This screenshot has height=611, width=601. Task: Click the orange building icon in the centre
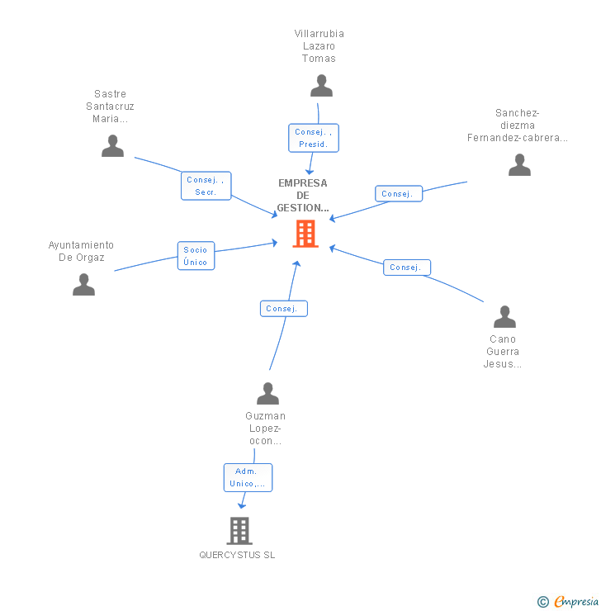pyautogui.click(x=305, y=234)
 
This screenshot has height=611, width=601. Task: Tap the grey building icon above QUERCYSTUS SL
pyautogui.click(x=239, y=530)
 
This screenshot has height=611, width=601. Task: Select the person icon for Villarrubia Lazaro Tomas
pyautogui.click(x=321, y=85)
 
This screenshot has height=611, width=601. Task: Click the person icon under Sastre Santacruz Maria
pyautogui.click(x=112, y=146)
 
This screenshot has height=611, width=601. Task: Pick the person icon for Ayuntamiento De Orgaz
pyautogui.click(x=83, y=285)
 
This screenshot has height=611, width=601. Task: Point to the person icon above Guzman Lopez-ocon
pyautogui.click(x=267, y=393)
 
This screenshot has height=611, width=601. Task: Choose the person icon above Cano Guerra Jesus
pyautogui.click(x=504, y=317)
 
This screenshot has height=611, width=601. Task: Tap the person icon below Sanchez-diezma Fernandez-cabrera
pyautogui.click(x=519, y=165)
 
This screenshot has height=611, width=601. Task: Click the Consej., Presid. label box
pyautogui.click(x=314, y=138)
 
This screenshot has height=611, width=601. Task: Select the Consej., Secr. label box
pyautogui.click(x=206, y=186)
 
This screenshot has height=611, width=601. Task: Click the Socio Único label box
pyautogui.click(x=196, y=256)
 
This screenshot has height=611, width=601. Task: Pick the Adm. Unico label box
pyautogui.click(x=248, y=477)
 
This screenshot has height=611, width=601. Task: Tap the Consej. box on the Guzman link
pyautogui.click(x=284, y=309)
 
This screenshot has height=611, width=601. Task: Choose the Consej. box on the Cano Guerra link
pyautogui.click(x=406, y=268)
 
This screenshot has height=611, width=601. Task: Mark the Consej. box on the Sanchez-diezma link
pyautogui.click(x=398, y=194)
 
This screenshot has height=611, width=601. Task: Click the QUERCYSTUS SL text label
pyautogui.click(x=237, y=555)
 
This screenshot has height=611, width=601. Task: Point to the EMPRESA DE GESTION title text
pyautogui.click(x=303, y=196)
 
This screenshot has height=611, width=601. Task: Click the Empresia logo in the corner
pyautogui.click(x=568, y=602)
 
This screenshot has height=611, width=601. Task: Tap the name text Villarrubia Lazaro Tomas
pyautogui.click(x=319, y=46)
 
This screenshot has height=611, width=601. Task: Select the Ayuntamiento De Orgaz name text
pyautogui.click(x=81, y=251)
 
